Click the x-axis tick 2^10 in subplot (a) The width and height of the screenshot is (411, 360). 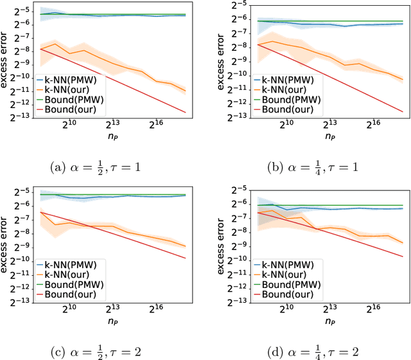coord(69,123)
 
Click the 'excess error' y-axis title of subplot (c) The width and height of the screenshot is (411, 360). coord(5,244)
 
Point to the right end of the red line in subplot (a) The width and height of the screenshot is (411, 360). coord(186,113)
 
